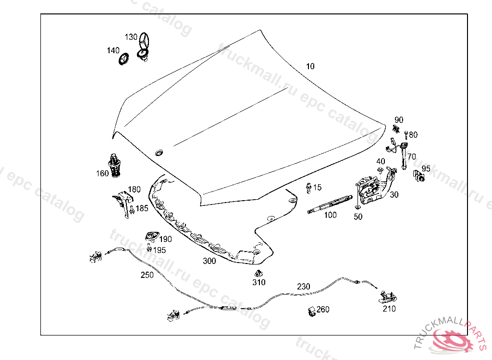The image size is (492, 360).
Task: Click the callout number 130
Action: click(x=131, y=37)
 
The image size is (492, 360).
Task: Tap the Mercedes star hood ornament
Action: click(x=143, y=47)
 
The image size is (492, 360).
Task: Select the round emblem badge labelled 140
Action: click(x=123, y=59)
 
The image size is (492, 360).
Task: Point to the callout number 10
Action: click(x=310, y=66)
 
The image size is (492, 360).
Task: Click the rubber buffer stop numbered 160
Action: click(x=114, y=166)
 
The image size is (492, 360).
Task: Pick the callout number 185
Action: click(x=142, y=208)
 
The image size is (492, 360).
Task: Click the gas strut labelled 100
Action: click(x=330, y=204)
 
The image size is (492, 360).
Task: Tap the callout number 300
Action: click(x=209, y=261)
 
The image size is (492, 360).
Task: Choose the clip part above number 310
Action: click(x=258, y=273)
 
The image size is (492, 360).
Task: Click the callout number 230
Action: click(x=304, y=286)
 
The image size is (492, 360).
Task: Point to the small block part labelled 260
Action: click(x=311, y=312)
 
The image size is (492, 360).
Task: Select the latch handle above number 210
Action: click(x=388, y=297)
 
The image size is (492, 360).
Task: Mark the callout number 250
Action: click(x=147, y=275)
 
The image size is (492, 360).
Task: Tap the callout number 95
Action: click(x=426, y=168)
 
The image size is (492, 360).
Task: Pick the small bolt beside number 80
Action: click(x=406, y=135)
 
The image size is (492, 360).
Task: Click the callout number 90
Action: click(x=398, y=120)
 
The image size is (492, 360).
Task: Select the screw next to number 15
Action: click(x=309, y=188)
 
